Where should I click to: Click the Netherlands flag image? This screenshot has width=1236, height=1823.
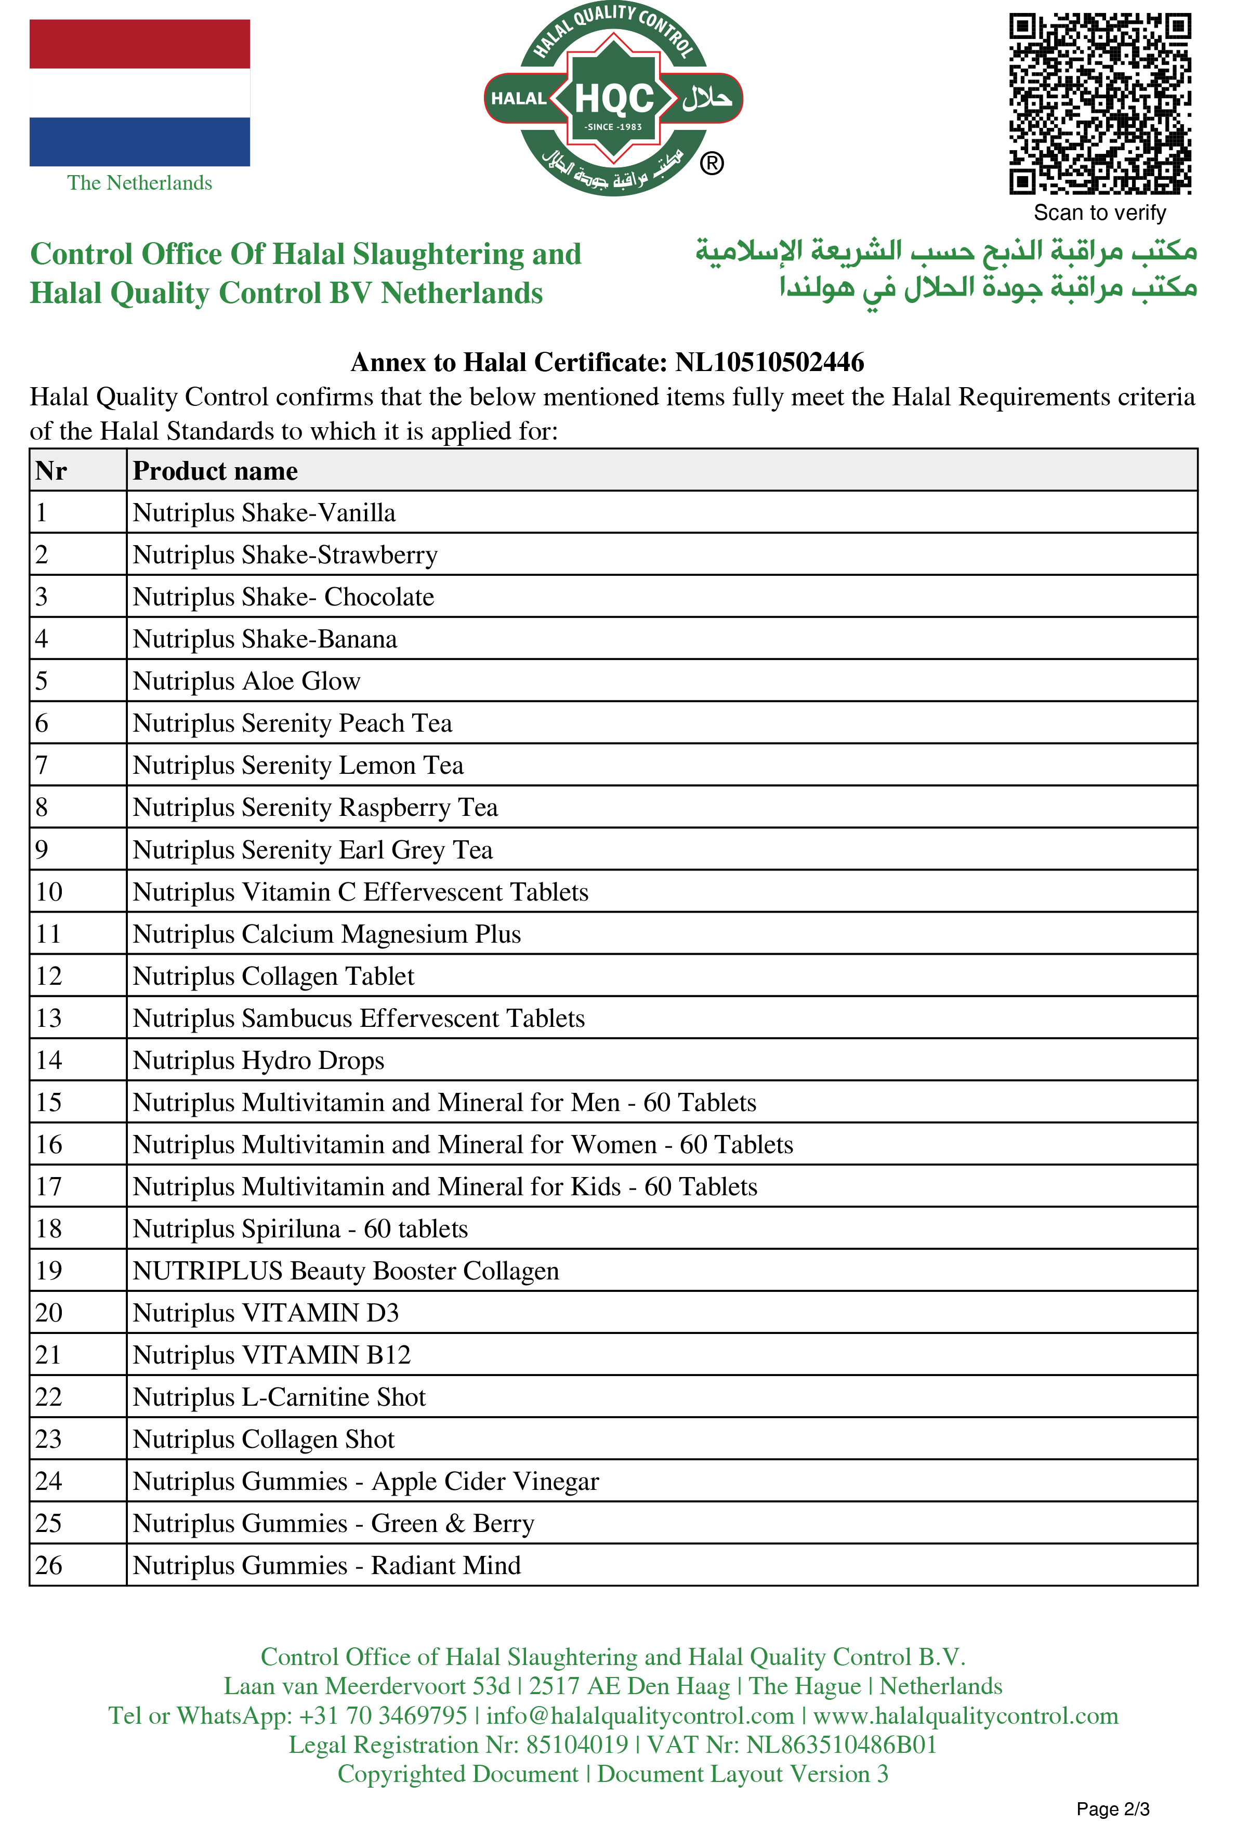[140, 93]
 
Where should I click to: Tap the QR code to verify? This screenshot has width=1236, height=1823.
[1099, 103]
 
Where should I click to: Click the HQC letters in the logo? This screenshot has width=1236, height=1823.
[614, 99]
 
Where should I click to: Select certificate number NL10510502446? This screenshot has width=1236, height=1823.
[769, 362]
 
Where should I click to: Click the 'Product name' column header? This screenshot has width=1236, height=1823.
[215, 471]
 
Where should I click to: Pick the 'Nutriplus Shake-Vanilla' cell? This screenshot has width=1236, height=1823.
[265, 513]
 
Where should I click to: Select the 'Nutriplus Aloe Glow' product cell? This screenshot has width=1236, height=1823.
[246, 681]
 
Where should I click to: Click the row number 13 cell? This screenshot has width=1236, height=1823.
[49, 1018]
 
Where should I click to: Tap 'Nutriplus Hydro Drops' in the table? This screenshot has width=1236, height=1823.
[258, 1061]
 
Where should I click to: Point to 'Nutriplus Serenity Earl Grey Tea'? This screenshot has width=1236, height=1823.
[312, 850]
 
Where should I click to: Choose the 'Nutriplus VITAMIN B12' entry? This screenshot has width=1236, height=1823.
[271, 1355]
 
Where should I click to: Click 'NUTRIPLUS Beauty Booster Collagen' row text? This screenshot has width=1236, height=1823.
[345, 1271]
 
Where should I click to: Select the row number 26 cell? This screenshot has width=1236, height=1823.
[49, 1565]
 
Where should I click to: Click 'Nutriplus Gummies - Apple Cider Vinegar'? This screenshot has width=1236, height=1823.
[366, 1481]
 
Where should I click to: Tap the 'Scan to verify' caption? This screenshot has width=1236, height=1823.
[1099, 213]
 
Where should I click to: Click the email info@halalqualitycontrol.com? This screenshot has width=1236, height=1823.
[640, 1715]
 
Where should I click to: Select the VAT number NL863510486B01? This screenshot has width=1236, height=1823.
[841, 1745]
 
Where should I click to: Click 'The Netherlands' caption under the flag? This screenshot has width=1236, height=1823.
[140, 183]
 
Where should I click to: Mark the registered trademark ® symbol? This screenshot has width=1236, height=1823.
[711, 164]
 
